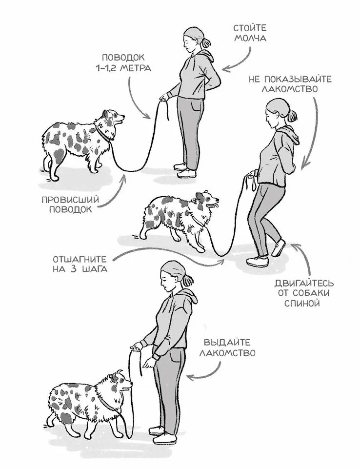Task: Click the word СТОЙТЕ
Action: point(250,28)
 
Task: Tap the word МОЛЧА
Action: point(250,39)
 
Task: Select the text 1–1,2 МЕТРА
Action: point(123,68)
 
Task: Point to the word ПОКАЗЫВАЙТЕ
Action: point(294,79)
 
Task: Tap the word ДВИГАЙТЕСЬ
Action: point(304,283)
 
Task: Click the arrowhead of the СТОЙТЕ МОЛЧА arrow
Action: point(227,68)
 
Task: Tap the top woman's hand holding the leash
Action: point(164,97)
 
